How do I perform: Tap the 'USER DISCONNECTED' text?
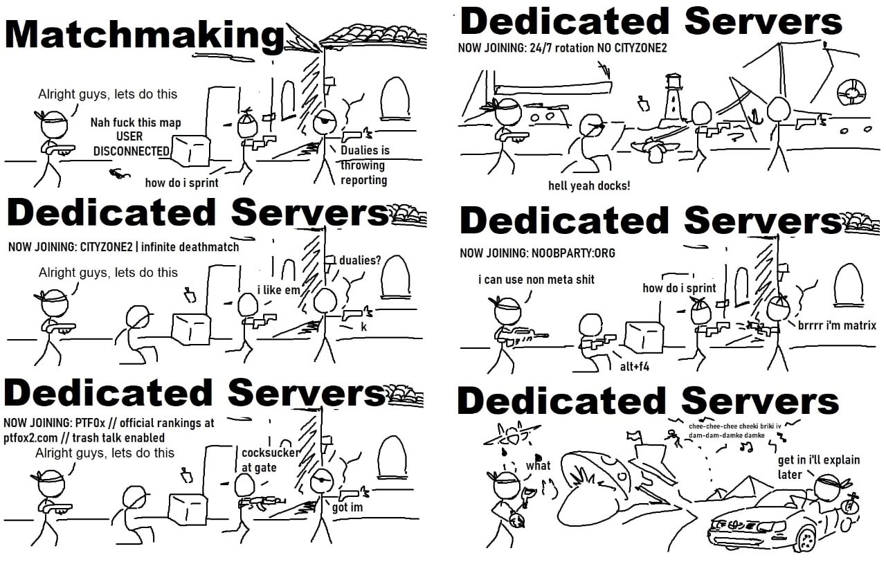pos(132,144)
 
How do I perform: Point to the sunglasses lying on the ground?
pos(120,173)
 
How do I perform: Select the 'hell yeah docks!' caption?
pos(589,185)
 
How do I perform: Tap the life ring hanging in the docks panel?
pos(851,93)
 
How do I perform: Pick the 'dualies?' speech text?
pos(360,260)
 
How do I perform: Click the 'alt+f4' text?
pos(635,367)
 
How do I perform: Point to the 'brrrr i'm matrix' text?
pos(837,325)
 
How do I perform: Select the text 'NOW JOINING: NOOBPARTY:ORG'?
pos(537,253)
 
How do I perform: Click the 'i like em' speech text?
pos(278,290)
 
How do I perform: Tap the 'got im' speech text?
pos(347,507)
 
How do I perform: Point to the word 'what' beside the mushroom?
pos(539,465)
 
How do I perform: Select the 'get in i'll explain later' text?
pos(818,467)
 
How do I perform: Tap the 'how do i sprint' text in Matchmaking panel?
pos(181,183)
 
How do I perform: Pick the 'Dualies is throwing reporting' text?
pos(365,165)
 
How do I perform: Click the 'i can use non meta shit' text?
pos(536,280)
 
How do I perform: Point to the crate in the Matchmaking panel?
pos(190,150)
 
